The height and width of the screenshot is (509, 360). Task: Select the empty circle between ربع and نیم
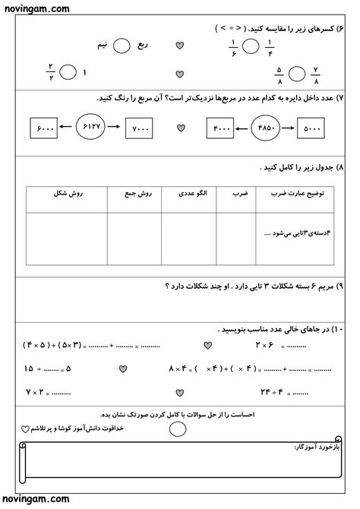[x=122, y=47]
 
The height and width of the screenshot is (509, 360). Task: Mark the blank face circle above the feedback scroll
[x=177, y=428]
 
